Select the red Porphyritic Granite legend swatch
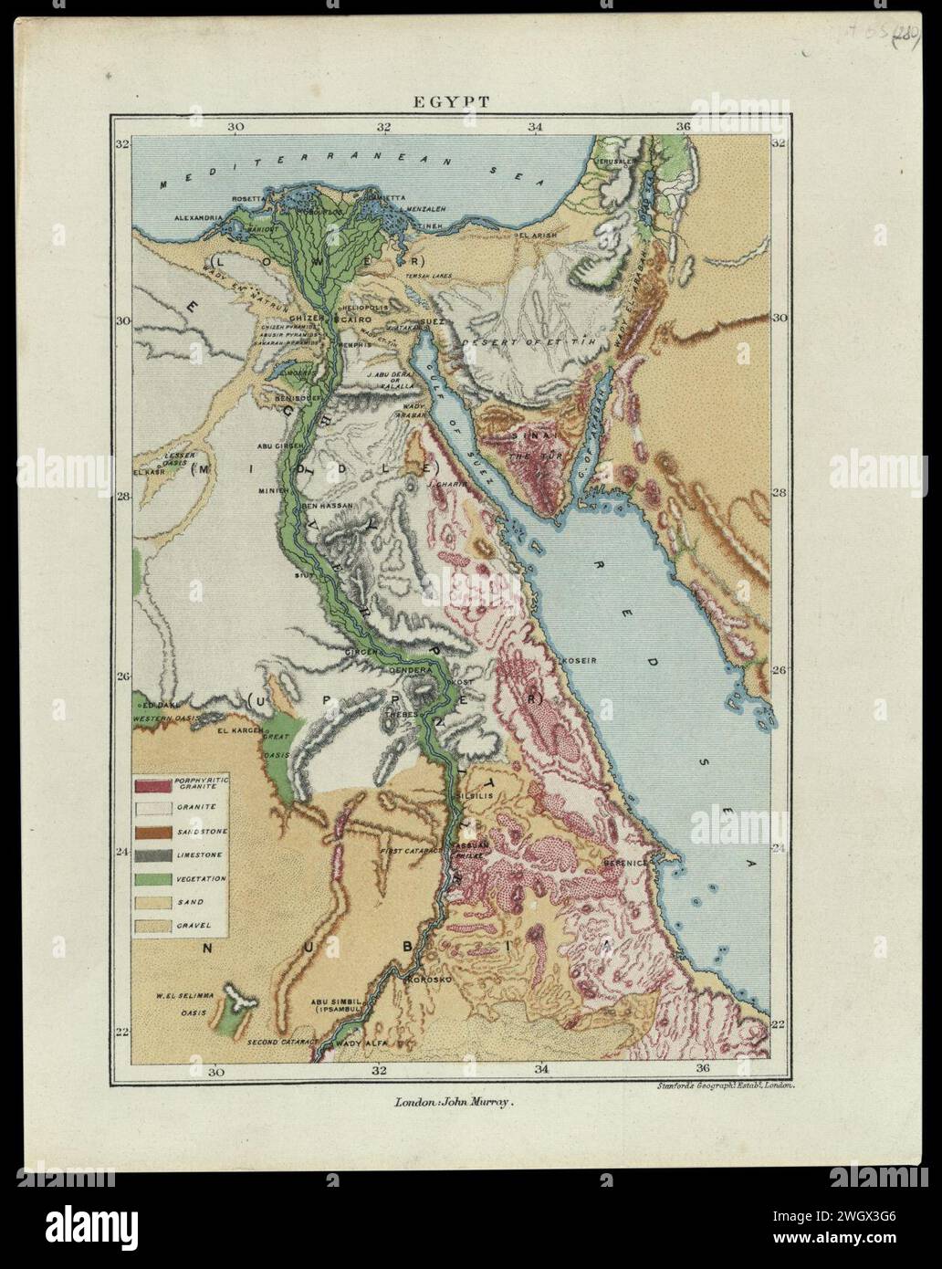point(154,784)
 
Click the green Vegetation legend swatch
point(154,879)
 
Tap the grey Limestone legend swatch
point(154,855)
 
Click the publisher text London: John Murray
point(455,1102)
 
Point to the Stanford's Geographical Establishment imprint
point(727,1085)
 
